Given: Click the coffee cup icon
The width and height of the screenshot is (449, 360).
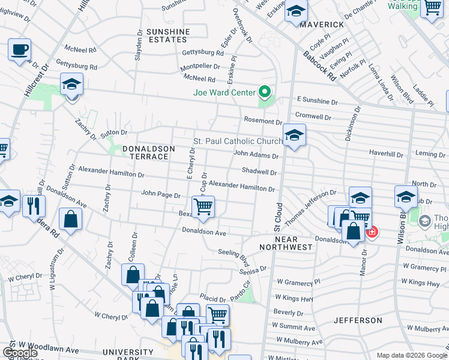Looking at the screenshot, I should click(19, 49).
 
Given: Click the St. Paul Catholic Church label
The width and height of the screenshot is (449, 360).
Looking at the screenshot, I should click(238, 142).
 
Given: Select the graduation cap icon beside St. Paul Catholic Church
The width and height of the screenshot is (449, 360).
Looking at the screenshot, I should click(294, 135).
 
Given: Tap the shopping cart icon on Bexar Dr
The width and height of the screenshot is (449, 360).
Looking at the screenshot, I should click(203, 207).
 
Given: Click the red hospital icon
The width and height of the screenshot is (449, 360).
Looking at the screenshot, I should click(372, 231).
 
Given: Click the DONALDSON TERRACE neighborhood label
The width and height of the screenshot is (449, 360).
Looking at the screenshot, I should click(148, 152).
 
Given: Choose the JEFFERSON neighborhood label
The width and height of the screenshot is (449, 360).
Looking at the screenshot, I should click(358, 320).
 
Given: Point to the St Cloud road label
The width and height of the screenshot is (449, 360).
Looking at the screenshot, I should click(278, 217).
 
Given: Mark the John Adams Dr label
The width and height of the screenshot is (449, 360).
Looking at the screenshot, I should click(256, 155).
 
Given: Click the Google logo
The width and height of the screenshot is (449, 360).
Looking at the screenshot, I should click(20, 353).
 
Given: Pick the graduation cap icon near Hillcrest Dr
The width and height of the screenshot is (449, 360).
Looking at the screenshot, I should click(71, 85).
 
